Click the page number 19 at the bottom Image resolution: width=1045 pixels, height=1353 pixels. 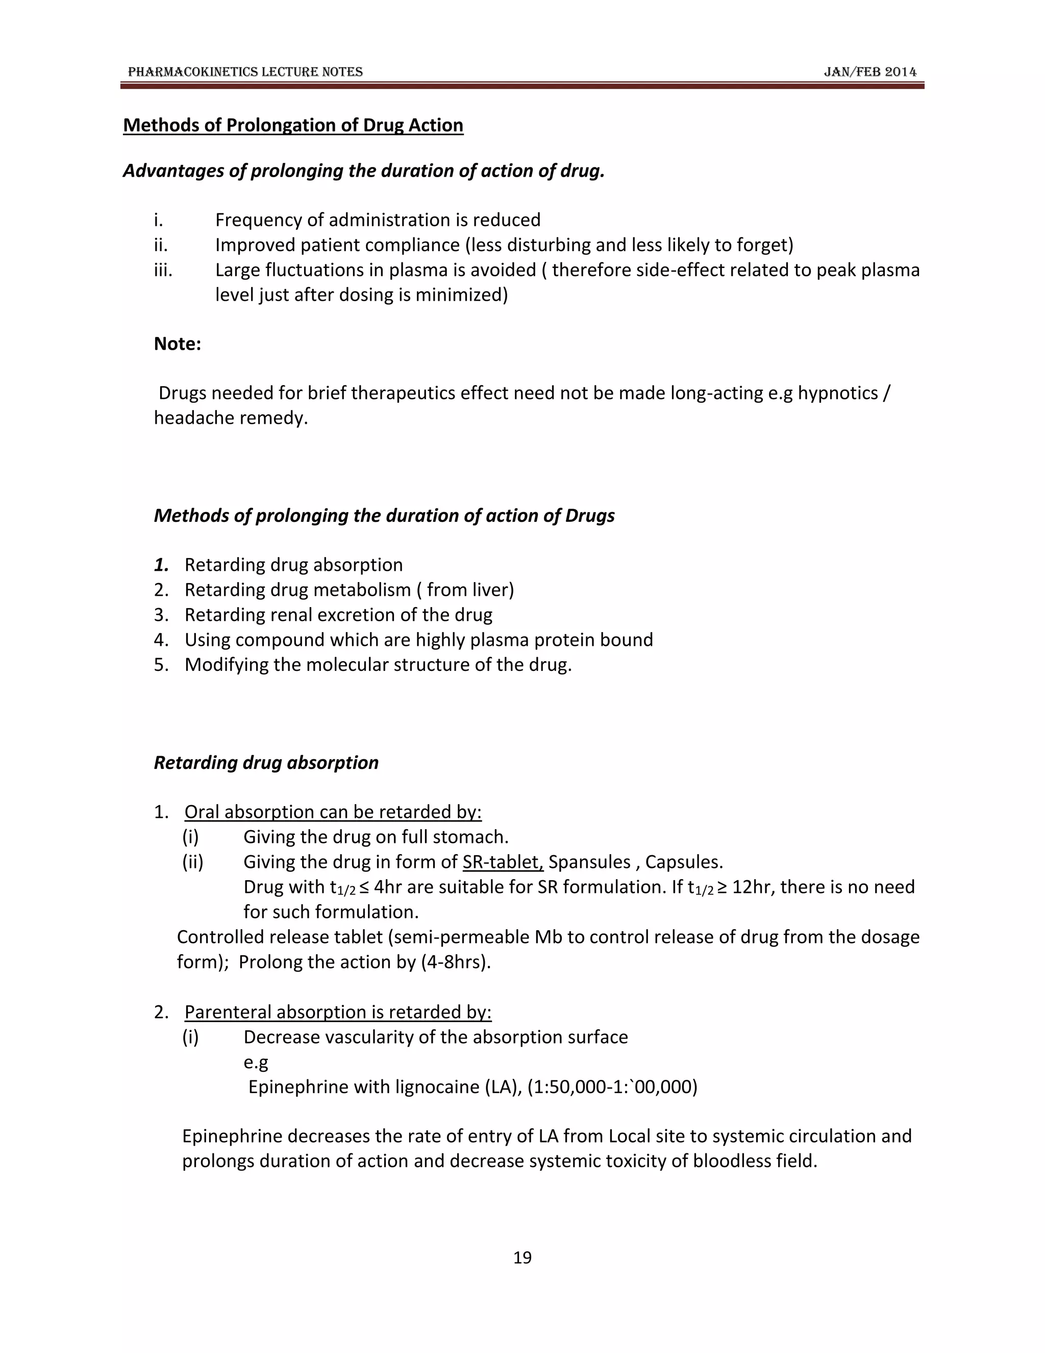(522, 1257)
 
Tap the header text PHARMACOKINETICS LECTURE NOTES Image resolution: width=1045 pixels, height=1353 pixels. (245, 72)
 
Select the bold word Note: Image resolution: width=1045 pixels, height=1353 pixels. (177, 344)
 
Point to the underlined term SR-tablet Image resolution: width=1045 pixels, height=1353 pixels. (502, 862)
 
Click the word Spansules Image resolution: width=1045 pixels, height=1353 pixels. (589, 862)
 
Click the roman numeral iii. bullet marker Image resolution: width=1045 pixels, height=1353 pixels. (163, 270)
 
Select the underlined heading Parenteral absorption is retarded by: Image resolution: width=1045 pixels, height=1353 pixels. (337, 1012)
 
